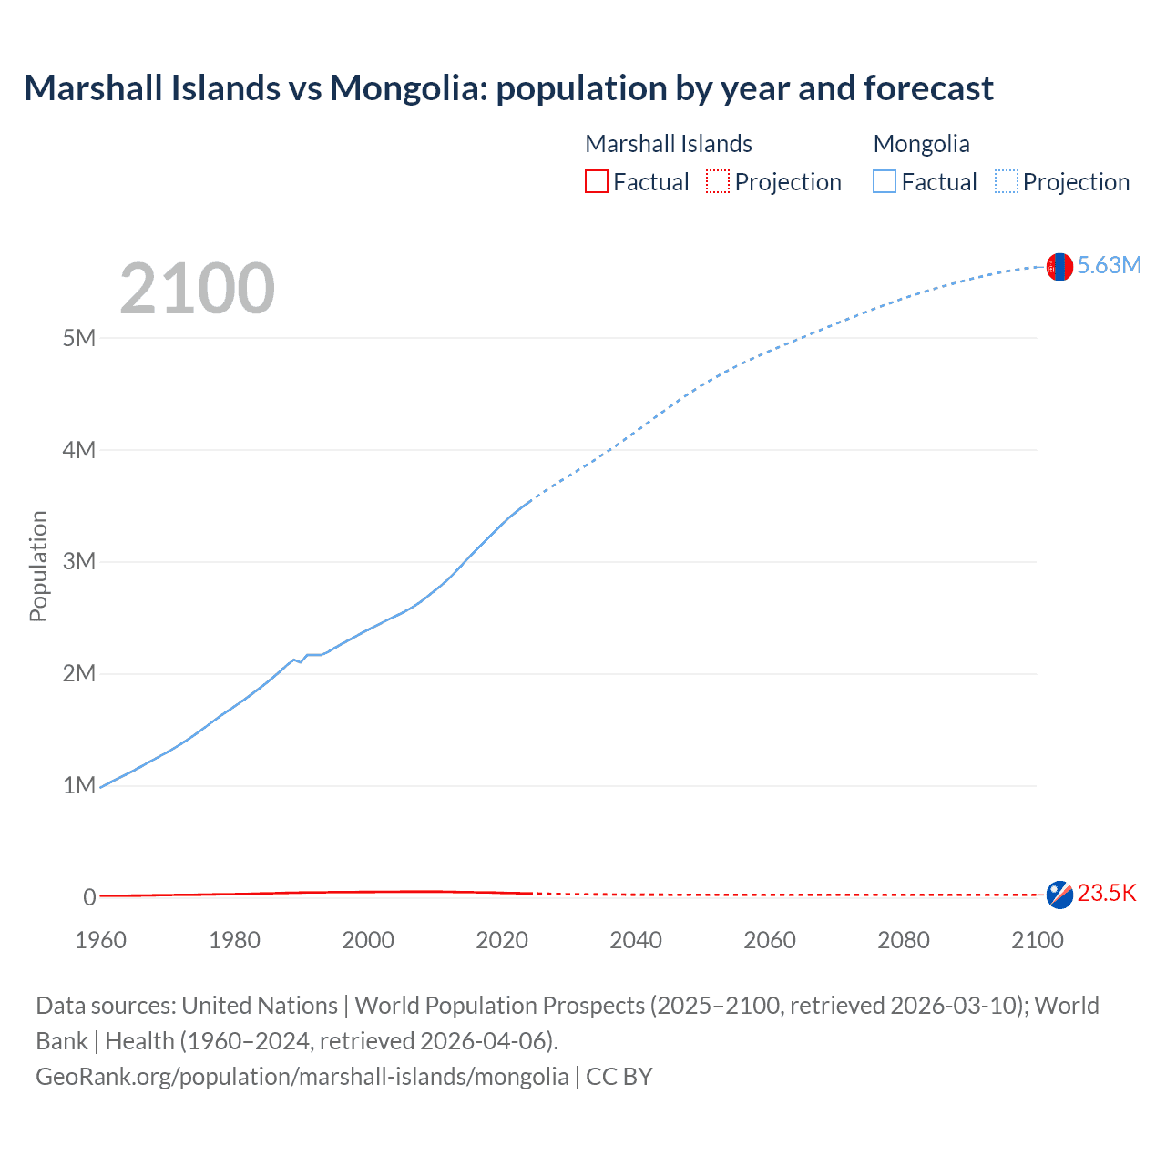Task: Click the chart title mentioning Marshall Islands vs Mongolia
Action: [x=508, y=88]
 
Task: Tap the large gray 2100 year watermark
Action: [x=197, y=289]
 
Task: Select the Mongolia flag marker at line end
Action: [x=1059, y=267]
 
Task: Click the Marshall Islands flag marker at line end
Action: [x=1059, y=895]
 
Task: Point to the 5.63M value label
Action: [x=1109, y=265]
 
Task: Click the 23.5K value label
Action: [x=1107, y=894]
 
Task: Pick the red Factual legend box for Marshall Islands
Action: [x=596, y=182]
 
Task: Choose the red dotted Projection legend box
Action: [x=718, y=182]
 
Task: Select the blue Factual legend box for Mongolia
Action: [x=884, y=182]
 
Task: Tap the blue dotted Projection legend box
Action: [x=1007, y=182]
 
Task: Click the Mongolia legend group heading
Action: [x=921, y=144]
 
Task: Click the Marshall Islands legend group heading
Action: [x=669, y=144]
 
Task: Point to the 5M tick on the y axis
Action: [x=79, y=338]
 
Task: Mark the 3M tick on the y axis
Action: [x=79, y=562]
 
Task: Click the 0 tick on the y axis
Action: [x=89, y=897]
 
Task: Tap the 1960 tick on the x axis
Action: [x=100, y=940]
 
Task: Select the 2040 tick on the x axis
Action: [x=636, y=940]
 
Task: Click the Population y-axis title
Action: [x=38, y=566]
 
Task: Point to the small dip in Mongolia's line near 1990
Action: [x=301, y=661]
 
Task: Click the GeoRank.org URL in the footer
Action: [x=302, y=1077]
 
